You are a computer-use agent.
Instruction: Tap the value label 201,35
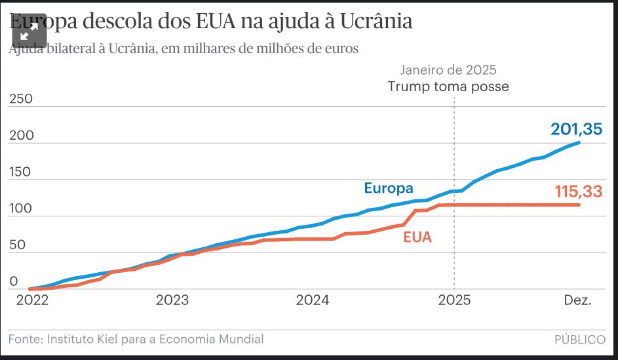[576, 129]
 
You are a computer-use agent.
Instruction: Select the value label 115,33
[577, 191]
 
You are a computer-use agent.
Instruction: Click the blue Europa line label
[389, 188]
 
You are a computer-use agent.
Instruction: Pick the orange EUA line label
[417, 237]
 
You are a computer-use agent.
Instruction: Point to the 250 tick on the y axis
[21, 99]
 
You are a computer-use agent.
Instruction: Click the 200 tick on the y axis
[21, 136]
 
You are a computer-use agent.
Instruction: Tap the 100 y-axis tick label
[21, 209]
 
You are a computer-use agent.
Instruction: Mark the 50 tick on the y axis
[18, 245]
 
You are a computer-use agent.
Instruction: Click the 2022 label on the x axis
[31, 301]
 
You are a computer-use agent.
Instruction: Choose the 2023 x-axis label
[172, 301]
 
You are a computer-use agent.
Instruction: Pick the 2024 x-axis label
[313, 301]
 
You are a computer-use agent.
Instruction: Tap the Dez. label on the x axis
[578, 301]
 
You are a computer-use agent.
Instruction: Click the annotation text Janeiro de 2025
[448, 70]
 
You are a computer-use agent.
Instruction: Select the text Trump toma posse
[448, 87]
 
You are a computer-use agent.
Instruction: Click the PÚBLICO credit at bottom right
[579, 340]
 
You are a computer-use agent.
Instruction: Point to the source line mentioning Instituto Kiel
[136, 339]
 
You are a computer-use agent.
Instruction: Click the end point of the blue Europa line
[579, 142]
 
